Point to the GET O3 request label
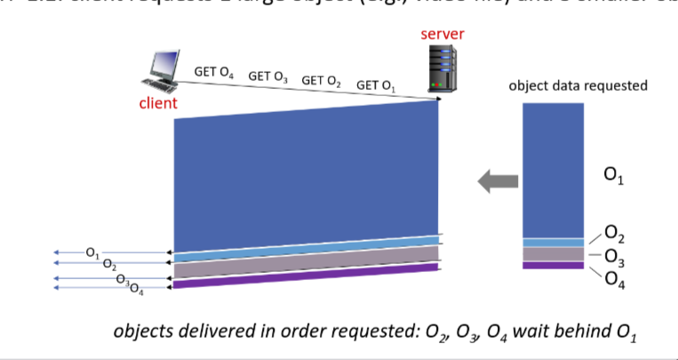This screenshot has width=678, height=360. click(x=267, y=76)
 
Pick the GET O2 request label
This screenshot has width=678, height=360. click(x=322, y=81)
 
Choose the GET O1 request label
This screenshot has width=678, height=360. click(x=376, y=85)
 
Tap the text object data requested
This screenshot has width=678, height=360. click(x=578, y=86)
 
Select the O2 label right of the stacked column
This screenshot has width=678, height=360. click(x=614, y=235)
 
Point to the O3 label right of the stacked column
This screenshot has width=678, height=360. click(x=614, y=257)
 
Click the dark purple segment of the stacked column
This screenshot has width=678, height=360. click(x=553, y=265)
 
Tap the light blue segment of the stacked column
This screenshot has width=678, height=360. click(x=553, y=242)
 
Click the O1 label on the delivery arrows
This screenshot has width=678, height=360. click(x=92, y=253)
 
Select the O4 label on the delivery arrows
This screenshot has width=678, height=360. click(x=136, y=286)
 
